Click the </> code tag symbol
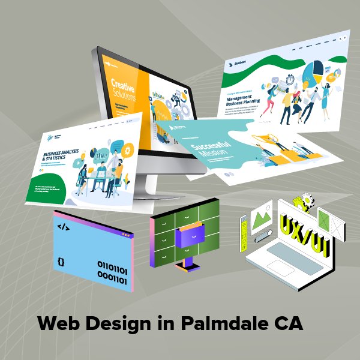[x=63, y=227]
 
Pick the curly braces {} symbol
[x=61, y=262]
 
